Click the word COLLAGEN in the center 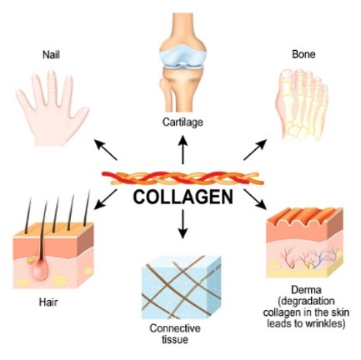(183, 197)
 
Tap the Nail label (51, 55)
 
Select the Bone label (303, 54)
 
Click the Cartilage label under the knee (183, 122)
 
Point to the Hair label (48, 302)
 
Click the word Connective (175, 328)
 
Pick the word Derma (306, 290)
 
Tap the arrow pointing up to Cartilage (183, 149)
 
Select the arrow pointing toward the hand (106, 150)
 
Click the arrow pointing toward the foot (255, 150)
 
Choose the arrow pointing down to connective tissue (183, 224)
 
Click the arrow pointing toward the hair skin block (106, 199)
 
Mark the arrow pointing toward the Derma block (255, 199)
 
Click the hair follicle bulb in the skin (40, 269)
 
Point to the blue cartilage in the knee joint (183, 57)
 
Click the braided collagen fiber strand (183, 178)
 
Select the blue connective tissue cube (181, 287)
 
